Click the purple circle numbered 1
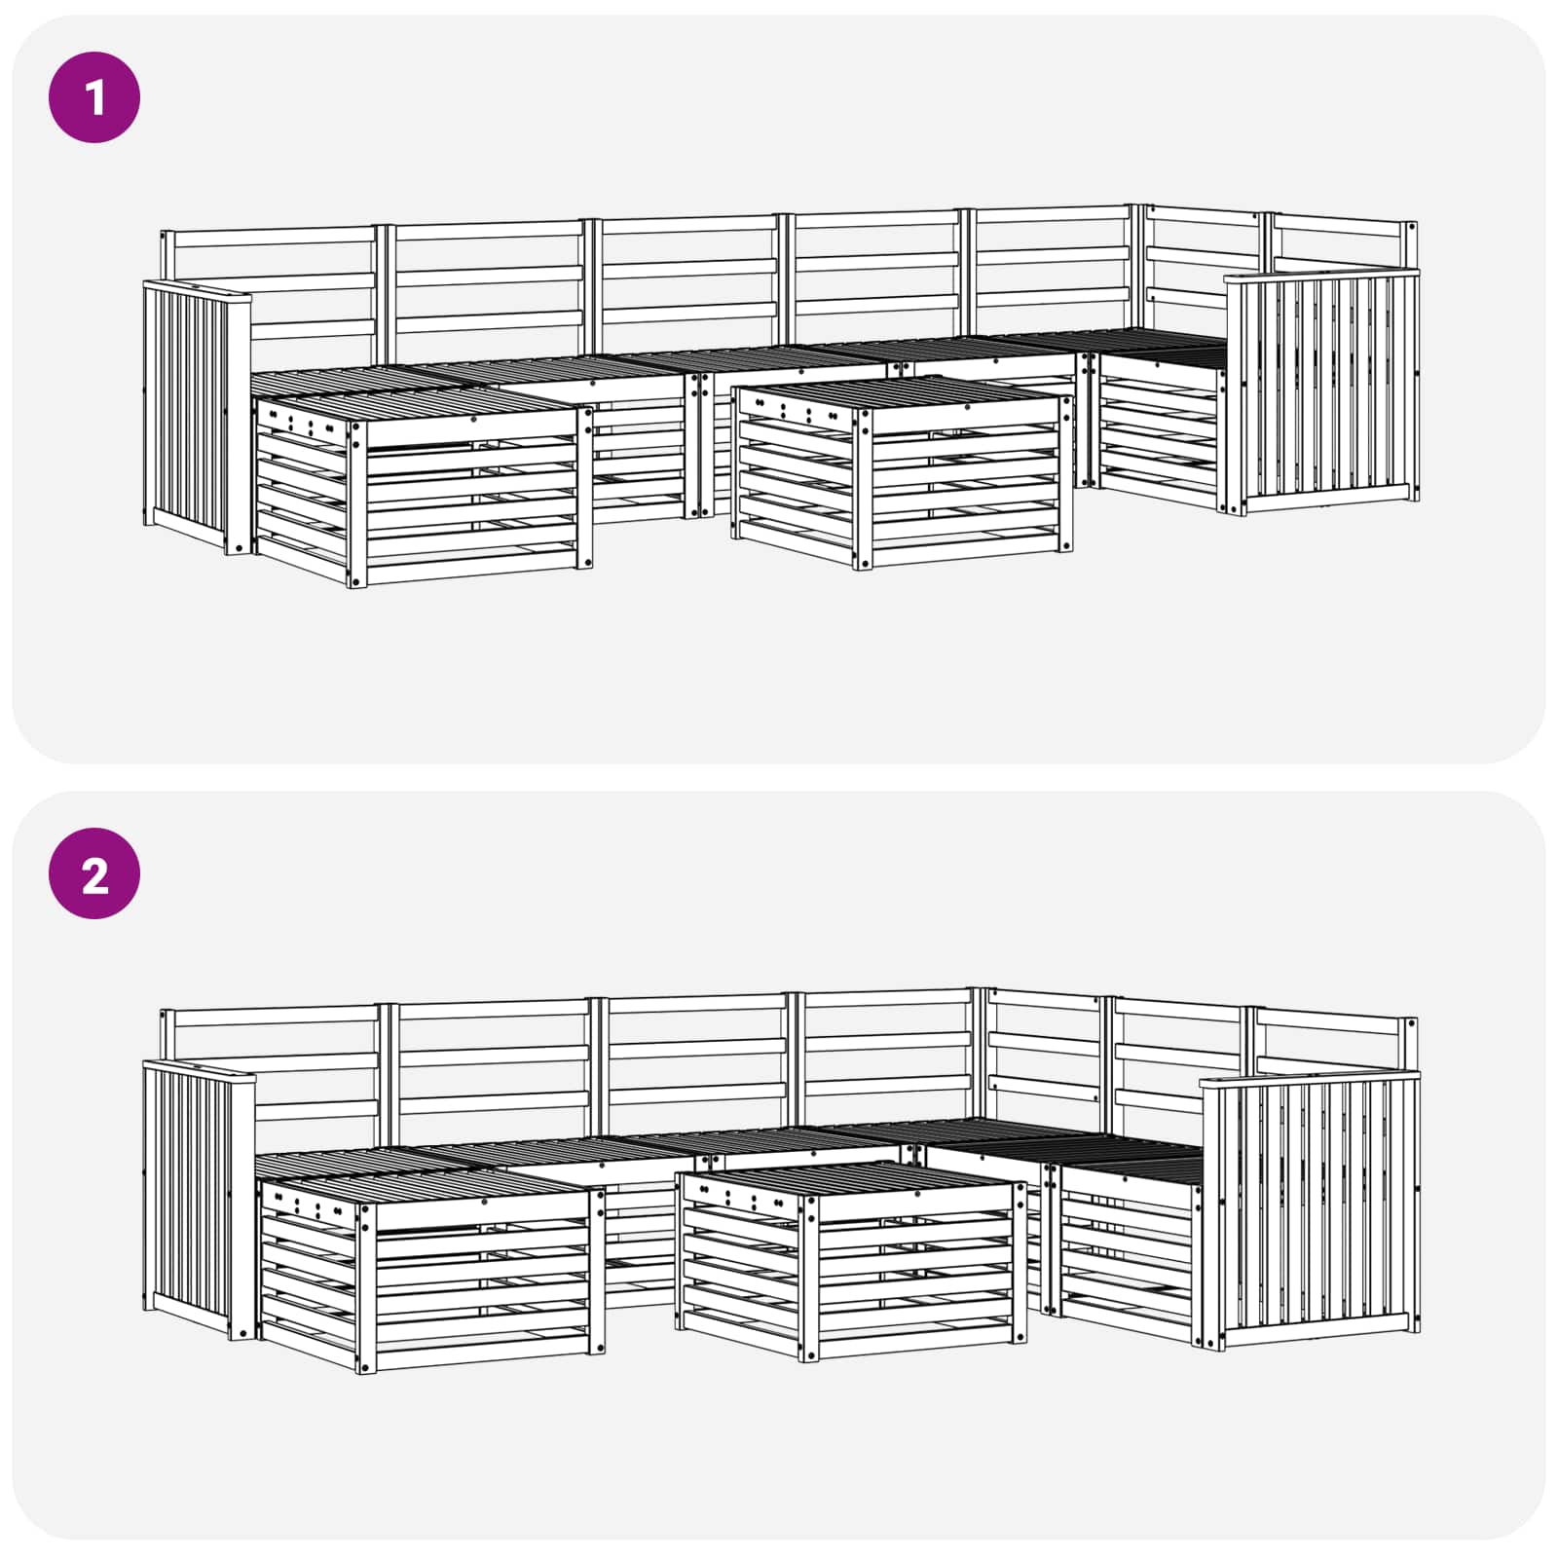94,97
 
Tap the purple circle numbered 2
94,873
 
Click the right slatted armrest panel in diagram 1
1320,391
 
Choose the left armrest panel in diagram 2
199,1201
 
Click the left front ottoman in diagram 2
431,1269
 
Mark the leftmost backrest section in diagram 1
269,288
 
